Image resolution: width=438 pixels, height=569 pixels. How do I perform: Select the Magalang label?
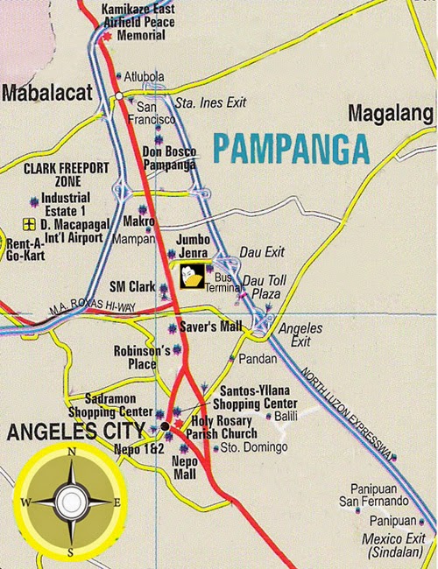point(391,114)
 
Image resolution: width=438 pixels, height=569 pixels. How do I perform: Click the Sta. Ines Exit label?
point(210,103)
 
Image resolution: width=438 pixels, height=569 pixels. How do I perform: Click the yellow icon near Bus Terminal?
point(192,276)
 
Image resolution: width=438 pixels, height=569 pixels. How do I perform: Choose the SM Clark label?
point(131,287)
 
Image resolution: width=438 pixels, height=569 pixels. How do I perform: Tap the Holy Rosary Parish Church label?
point(224,427)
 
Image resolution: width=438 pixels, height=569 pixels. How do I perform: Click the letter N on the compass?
point(71,453)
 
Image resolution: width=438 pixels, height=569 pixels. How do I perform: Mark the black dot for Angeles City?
point(165,426)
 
